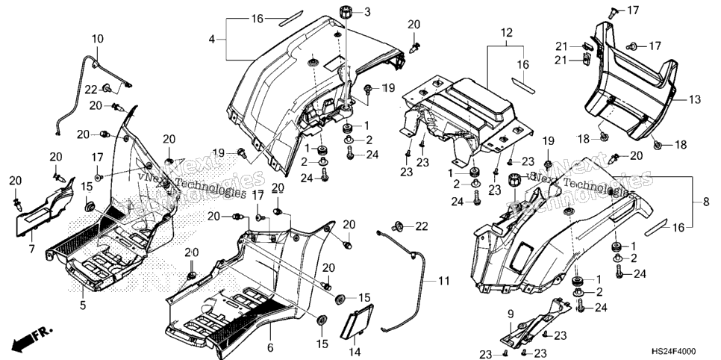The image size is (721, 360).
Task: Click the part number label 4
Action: tap(211, 40)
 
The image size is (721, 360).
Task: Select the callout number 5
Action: tap(83, 305)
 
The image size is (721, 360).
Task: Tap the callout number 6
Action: tap(270, 347)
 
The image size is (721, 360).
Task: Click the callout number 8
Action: tap(706, 202)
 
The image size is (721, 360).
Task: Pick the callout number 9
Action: tap(510, 315)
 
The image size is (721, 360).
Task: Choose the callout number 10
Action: tap(98, 39)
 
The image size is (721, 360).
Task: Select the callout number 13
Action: tap(695, 99)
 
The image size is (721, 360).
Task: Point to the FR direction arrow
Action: tap(33, 338)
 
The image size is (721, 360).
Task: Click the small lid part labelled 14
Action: tap(356, 318)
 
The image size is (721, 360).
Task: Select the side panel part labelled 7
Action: tap(45, 207)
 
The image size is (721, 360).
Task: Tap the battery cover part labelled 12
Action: tap(466, 115)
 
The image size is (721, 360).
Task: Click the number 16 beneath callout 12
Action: tap(522, 65)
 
